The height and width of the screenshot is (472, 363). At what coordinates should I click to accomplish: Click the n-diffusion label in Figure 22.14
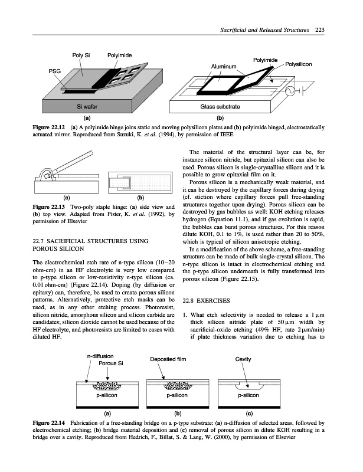(100, 356)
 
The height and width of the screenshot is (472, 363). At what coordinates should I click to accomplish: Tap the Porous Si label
(110, 363)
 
